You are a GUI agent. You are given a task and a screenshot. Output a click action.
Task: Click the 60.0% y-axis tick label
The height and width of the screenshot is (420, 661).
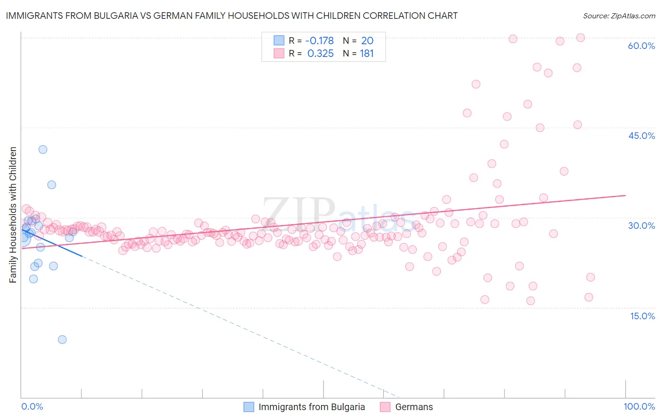click(x=641, y=46)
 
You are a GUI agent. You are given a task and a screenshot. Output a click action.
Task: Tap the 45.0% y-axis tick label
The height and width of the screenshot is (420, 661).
click(x=641, y=136)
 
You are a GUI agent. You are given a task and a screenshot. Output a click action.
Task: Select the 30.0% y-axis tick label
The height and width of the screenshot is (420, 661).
click(x=641, y=226)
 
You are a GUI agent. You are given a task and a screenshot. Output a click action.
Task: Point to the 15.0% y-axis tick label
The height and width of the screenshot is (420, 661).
click(x=642, y=315)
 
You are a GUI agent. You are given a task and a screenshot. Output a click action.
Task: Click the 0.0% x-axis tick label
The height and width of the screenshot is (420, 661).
click(x=32, y=406)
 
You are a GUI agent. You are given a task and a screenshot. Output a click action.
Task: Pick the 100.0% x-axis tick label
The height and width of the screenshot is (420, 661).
click(x=639, y=406)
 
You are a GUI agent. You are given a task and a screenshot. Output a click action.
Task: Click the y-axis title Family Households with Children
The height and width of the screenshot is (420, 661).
click(x=13, y=215)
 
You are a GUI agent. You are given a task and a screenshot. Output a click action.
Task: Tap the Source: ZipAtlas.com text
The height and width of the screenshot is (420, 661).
click(x=619, y=16)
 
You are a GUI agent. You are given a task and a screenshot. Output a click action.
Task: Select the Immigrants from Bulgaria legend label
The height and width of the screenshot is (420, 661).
click(x=311, y=407)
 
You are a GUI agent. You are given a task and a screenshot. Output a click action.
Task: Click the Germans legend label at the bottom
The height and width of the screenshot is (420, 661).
click(x=414, y=407)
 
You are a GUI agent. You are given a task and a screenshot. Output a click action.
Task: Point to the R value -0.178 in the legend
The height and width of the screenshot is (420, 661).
click(x=319, y=40)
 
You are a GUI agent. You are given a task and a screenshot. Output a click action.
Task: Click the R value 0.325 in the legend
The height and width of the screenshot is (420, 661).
click(x=320, y=54)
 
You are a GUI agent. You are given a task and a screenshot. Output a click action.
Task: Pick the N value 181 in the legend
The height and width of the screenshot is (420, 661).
click(x=367, y=54)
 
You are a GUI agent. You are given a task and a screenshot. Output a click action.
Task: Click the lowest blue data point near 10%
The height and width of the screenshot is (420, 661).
click(x=62, y=339)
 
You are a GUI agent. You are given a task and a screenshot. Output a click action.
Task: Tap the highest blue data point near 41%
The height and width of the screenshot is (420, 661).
click(x=43, y=149)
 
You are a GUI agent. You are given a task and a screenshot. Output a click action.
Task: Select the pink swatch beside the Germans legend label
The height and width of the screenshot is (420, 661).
click(x=385, y=407)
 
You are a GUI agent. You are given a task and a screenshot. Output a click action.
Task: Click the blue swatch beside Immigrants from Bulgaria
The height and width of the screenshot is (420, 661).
click(x=249, y=407)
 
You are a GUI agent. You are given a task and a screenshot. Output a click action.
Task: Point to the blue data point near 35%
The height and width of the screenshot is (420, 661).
click(x=52, y=185)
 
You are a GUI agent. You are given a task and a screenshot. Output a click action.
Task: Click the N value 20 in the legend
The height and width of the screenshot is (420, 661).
click(x=367, y=40)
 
